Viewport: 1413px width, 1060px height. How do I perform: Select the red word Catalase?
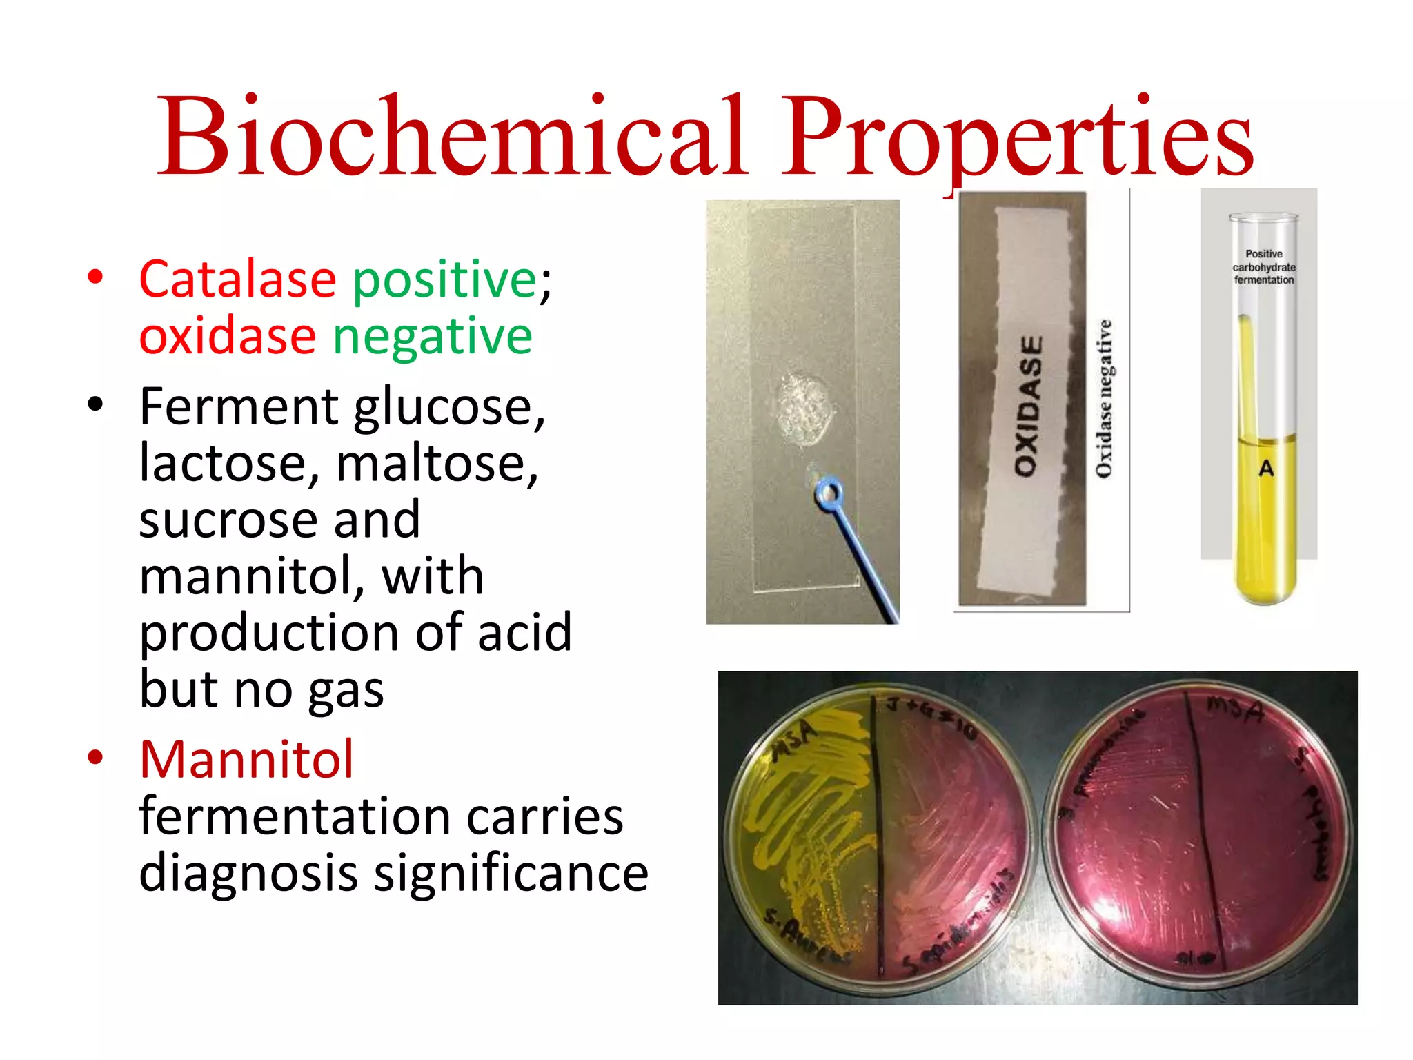[x=237, y=279]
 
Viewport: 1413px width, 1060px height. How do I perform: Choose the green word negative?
[x=433, y=337]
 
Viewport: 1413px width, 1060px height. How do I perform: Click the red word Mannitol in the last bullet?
[x=246, y=760]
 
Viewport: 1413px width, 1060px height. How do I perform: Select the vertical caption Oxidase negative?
[x=1105, y=398]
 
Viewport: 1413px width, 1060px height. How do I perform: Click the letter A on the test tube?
[x=1266, y=469]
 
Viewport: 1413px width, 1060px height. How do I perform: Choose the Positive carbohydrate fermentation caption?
[x=1264, y=267]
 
